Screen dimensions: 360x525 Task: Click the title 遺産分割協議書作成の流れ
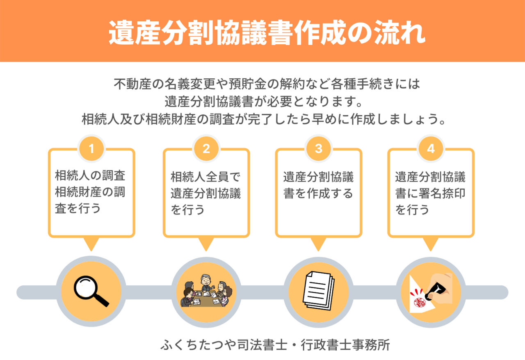click(262, 33)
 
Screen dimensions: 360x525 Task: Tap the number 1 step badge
click(91, 148)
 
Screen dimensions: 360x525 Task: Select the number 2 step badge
click(206, 148)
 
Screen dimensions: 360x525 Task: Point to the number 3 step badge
click(318, 148)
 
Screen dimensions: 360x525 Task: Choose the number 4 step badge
click(430, 148)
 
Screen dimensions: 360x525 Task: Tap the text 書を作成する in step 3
click(318, 193)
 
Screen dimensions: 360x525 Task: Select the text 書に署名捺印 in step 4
click(430, 193)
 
